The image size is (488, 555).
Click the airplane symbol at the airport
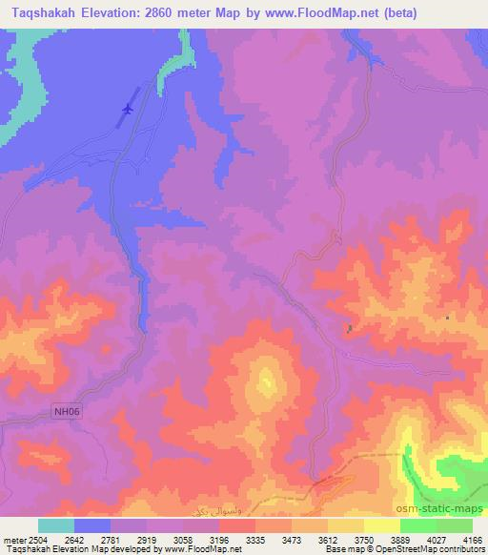[x=126, y=112]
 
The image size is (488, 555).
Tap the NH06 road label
[x=63, y=412]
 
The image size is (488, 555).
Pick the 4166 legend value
[x=467, y=540]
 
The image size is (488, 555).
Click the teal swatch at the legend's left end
[x=55, y=525]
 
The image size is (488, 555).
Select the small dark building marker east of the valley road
[x=350, y=329]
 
